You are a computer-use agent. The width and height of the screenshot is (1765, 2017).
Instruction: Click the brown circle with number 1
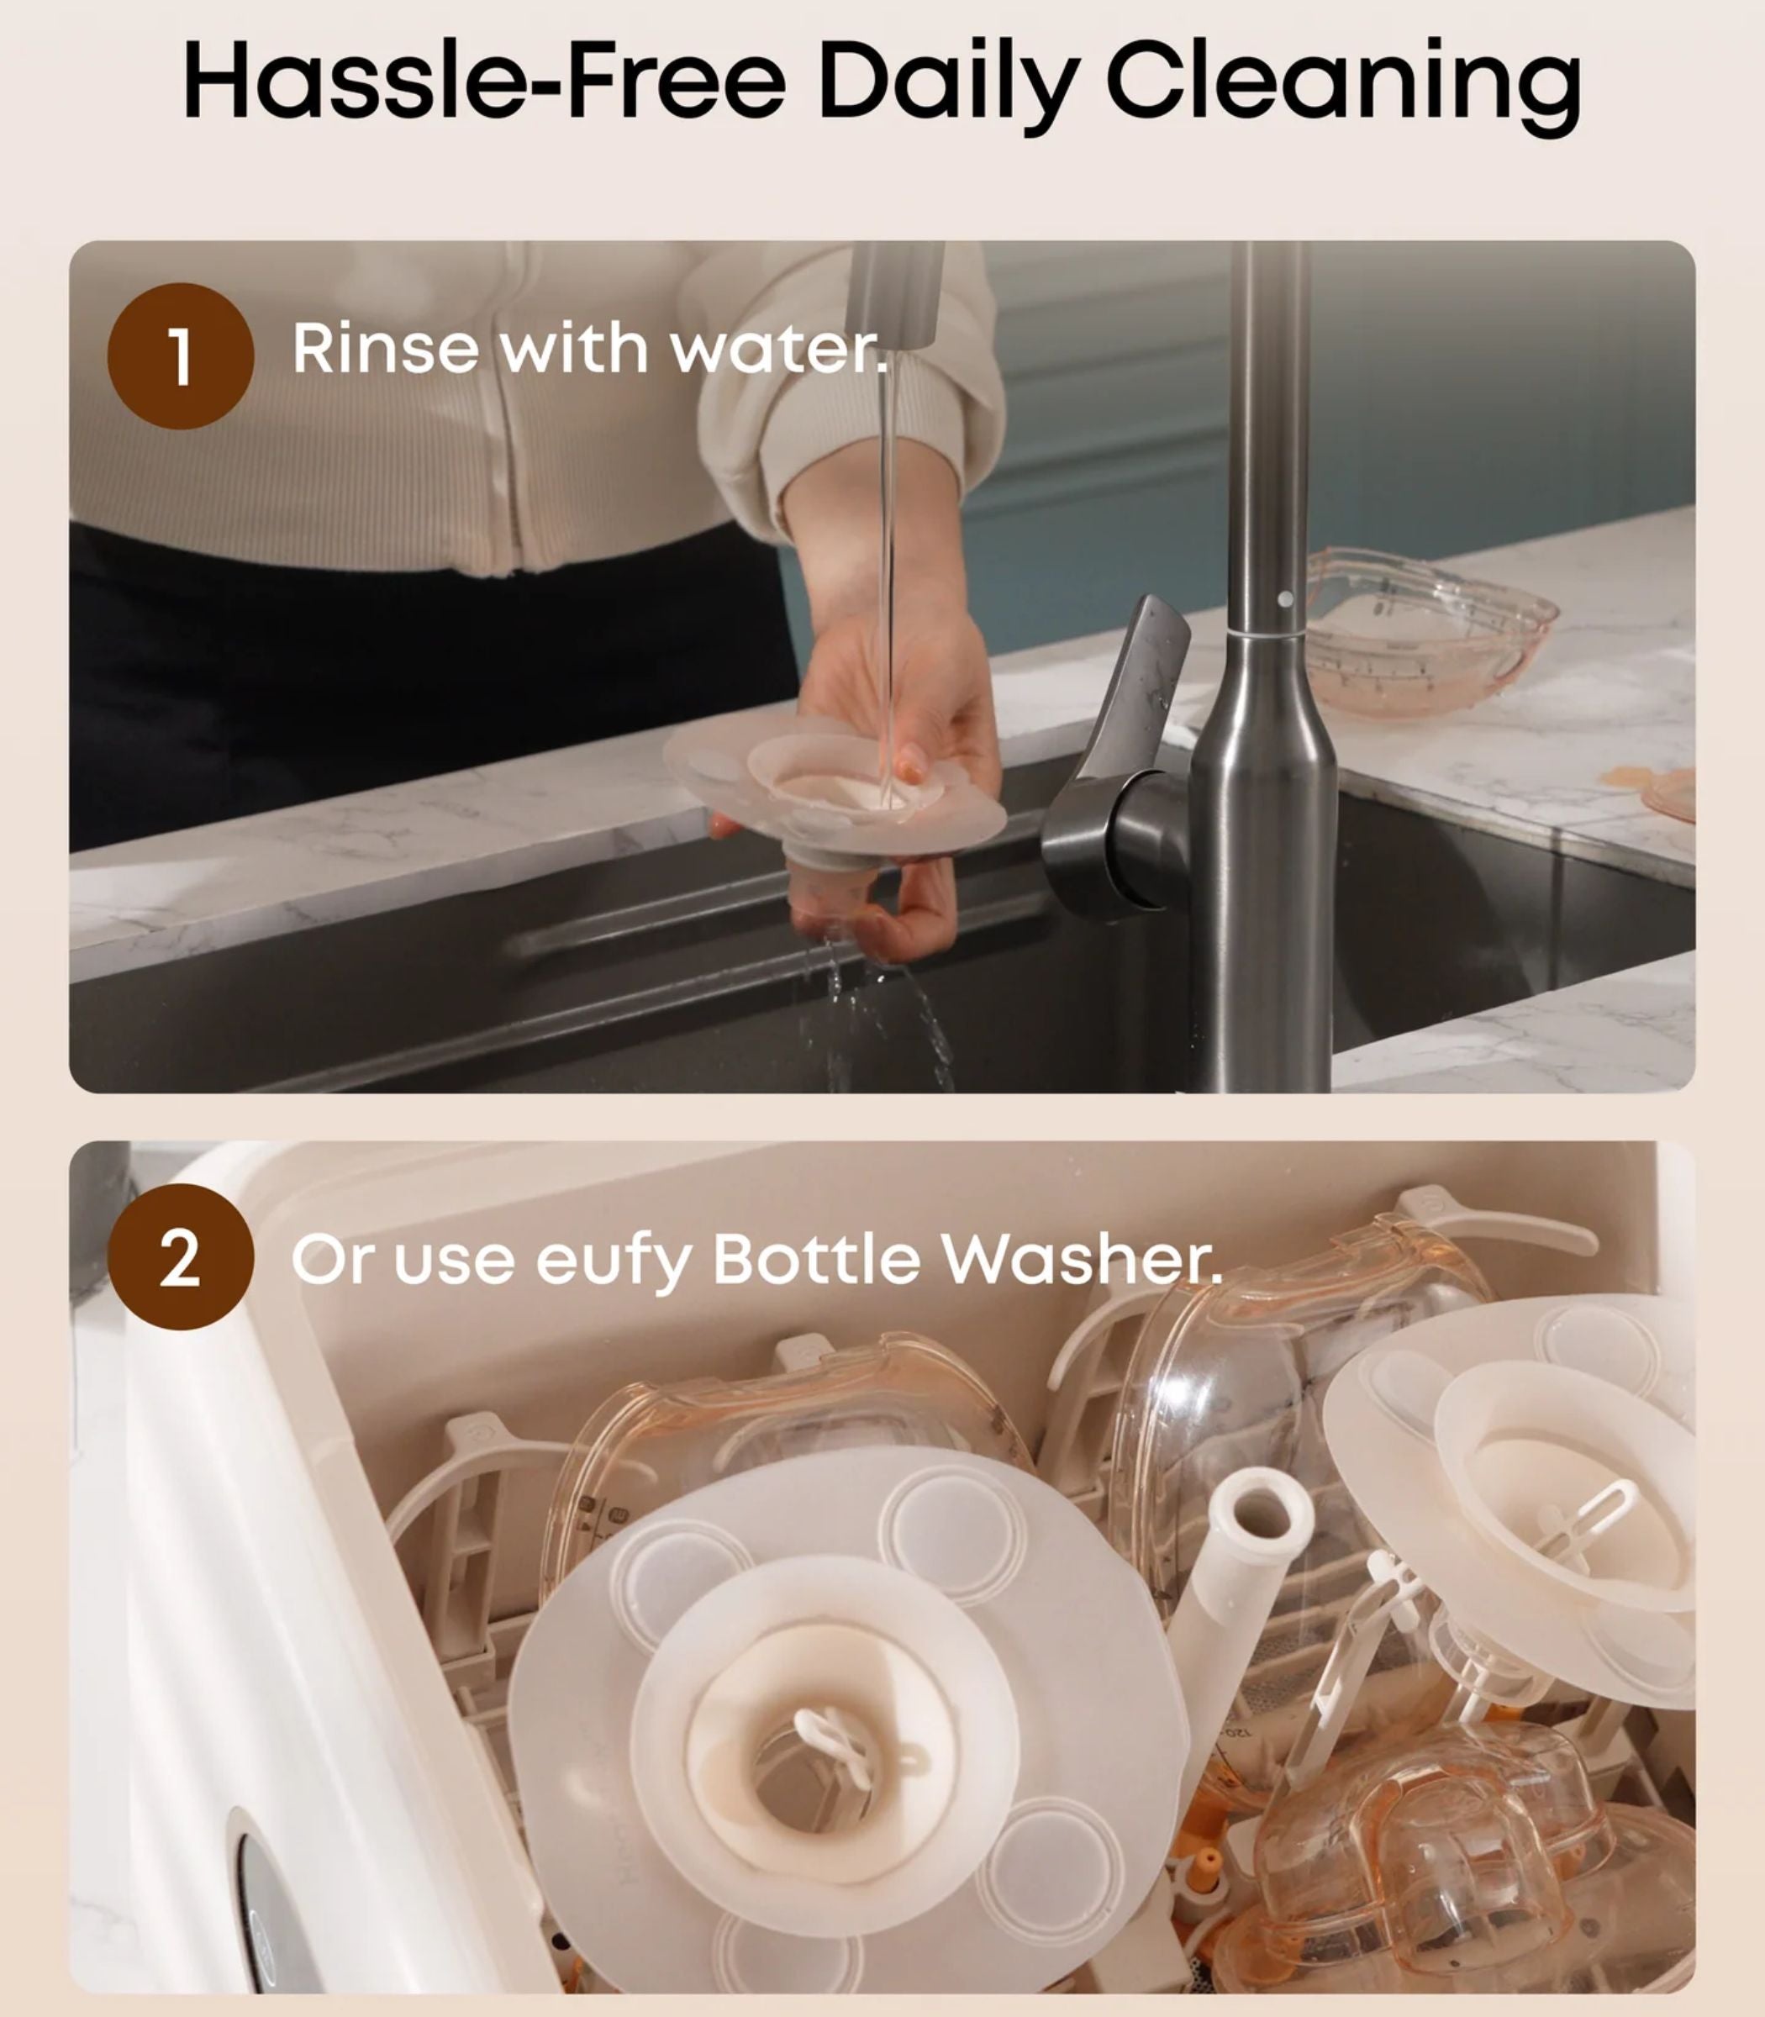(180, 355)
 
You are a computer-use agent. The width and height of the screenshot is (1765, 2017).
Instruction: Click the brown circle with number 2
(180, 1256)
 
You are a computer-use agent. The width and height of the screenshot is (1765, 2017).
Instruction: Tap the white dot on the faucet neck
(1285, 598)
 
